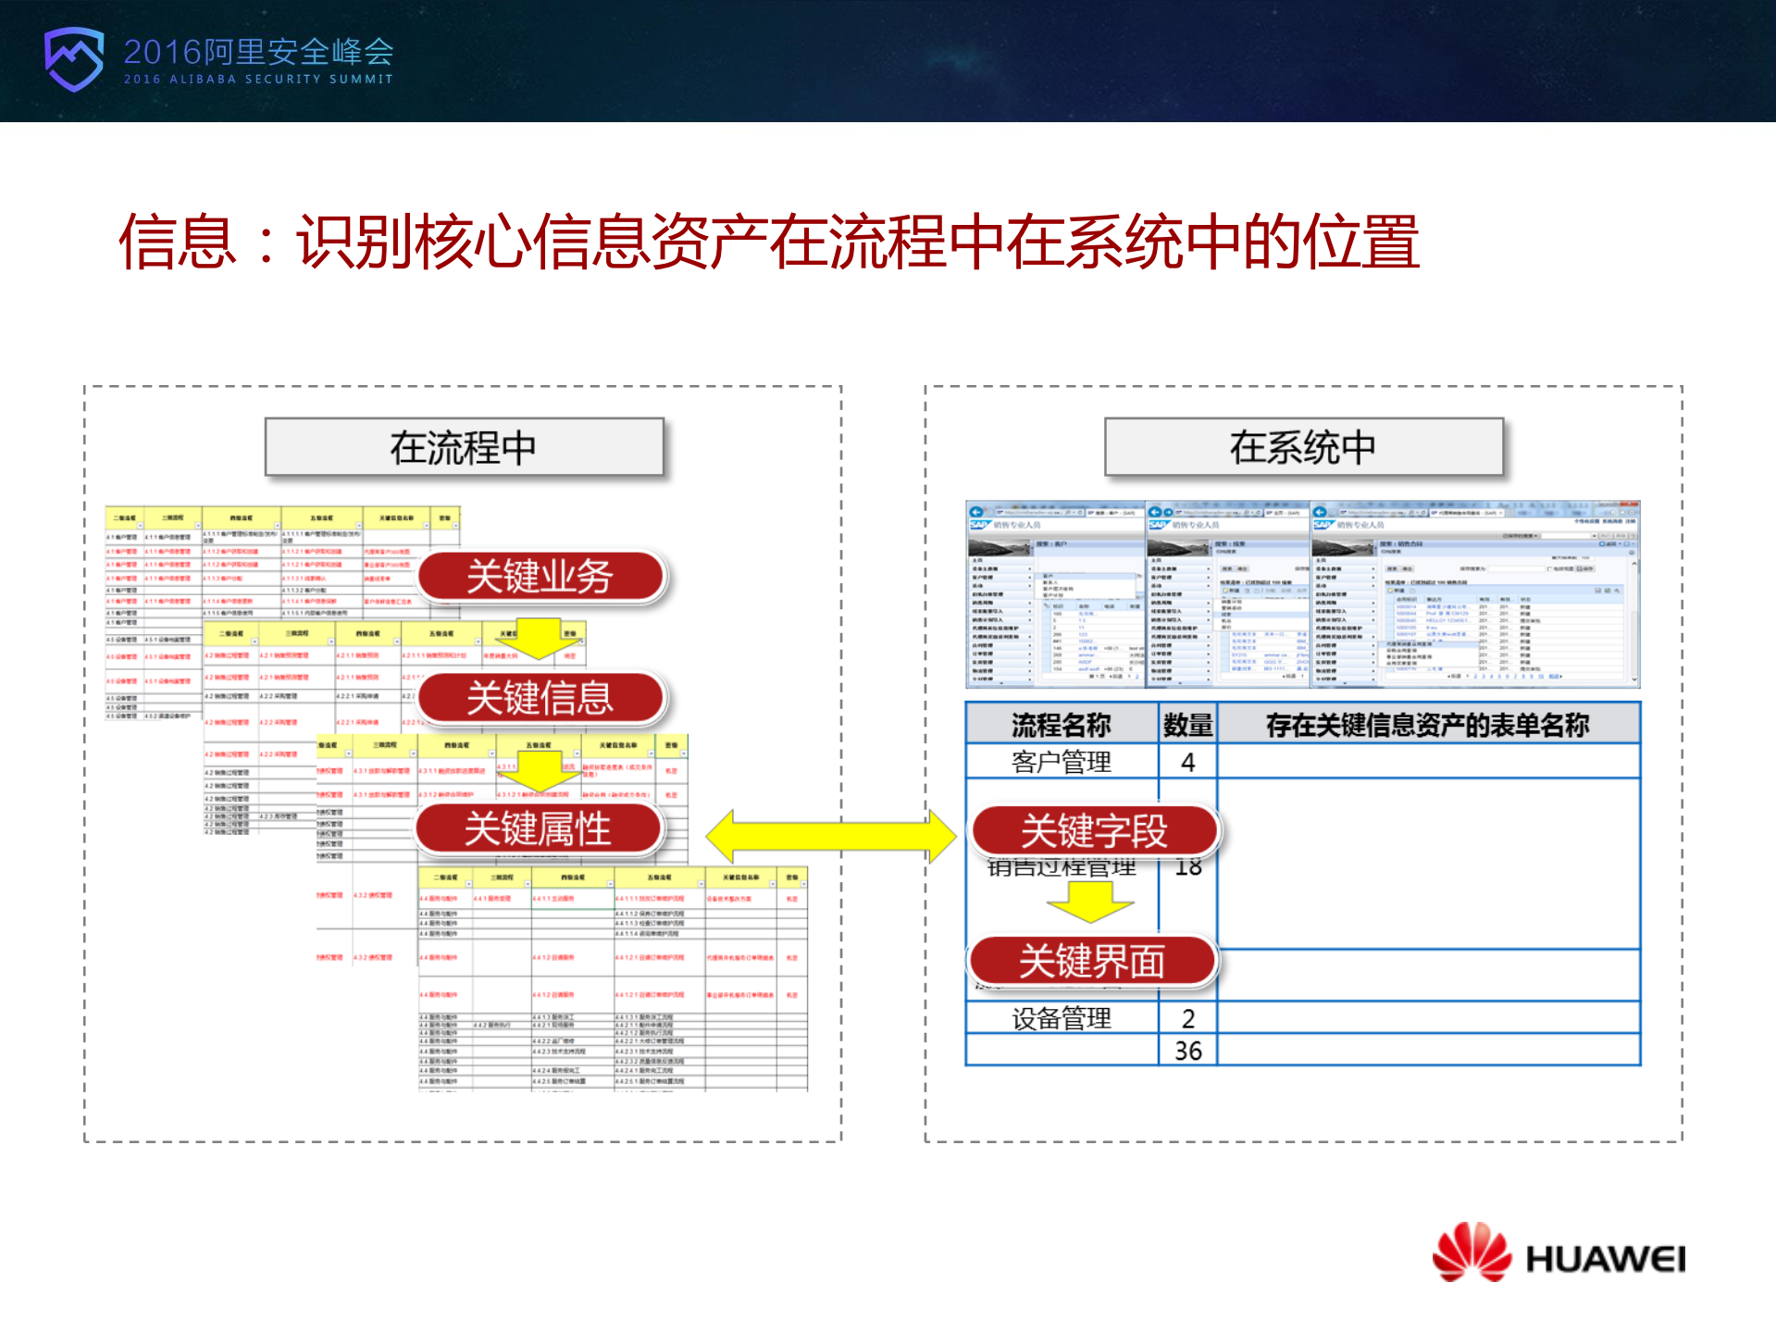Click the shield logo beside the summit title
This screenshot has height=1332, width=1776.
tap(74, 59)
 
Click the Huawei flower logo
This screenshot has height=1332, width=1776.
tap(1471, 1252)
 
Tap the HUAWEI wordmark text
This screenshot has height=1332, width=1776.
tap(1606, 1259)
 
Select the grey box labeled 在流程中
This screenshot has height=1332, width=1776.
tap(464, 448)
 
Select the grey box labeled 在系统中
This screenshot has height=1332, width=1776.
tap(1303, 448)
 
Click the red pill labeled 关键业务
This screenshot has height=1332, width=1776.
tap(540, 577)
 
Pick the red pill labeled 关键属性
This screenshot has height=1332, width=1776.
tap(539, 828)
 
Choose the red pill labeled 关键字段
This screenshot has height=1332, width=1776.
tap(1095, 830)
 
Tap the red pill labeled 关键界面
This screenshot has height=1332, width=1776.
tap(1092, 961)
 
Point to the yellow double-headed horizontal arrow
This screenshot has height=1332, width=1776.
tap(830, 837)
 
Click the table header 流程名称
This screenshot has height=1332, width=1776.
tap(1062, 725)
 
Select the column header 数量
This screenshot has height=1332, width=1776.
tap(1188, 725)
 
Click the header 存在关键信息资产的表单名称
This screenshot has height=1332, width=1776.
tap(1428, 725)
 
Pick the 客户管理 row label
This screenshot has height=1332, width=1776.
tap(1062, 762)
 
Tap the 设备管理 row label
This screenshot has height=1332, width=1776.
tap(1062, 1018)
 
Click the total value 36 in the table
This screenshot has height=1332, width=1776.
tap(1188, 1051)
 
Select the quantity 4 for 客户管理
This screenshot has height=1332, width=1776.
tap(1188, 762)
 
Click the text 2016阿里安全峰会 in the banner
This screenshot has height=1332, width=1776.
tap(259, 52)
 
